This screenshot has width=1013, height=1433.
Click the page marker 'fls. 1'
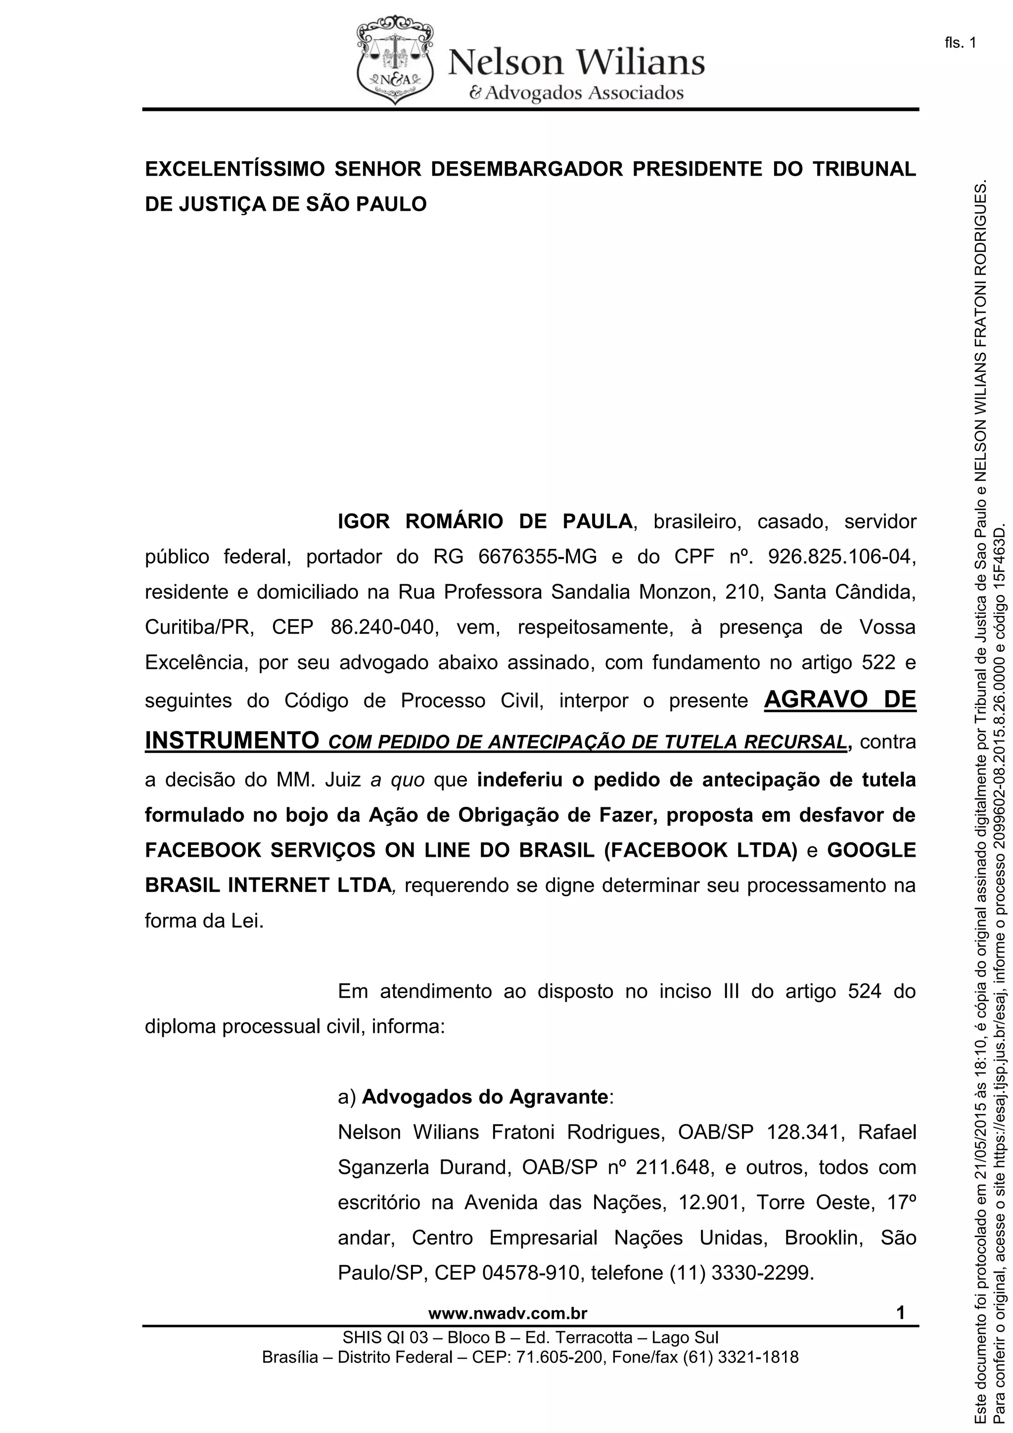click(960, 43)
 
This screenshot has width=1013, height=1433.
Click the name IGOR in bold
click(363, 522)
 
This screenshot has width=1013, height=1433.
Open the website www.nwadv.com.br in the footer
click(507, 1314)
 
